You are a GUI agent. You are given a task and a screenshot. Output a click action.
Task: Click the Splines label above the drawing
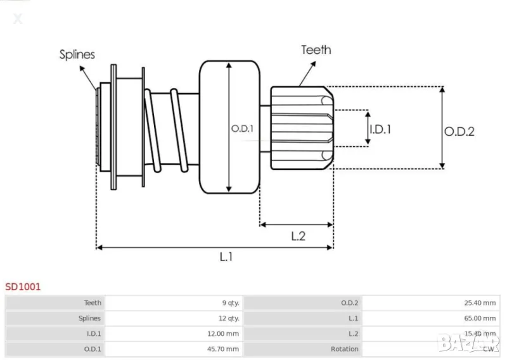click(77, 55)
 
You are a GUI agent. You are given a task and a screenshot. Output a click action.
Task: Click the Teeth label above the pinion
click(316, 49)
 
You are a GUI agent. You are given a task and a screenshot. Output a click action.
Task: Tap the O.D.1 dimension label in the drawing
click(242, 128)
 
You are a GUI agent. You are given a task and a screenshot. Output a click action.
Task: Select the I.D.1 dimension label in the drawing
click(380, 129)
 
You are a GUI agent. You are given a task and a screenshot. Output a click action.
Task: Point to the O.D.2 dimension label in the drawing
click(459, 131)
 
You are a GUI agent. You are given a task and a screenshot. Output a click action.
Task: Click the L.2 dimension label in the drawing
click(298, 236)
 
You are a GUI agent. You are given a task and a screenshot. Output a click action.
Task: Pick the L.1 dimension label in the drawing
click(226, 257)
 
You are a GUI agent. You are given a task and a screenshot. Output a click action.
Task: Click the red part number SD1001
click(23, 286)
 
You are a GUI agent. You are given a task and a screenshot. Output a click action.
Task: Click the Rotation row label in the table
click(345, 349)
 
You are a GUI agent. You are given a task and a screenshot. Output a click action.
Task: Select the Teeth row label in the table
click(93, 303)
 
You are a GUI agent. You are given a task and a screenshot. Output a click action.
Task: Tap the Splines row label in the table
click(90, 318)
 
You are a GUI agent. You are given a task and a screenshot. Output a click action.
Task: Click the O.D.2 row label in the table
click(350, 303)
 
